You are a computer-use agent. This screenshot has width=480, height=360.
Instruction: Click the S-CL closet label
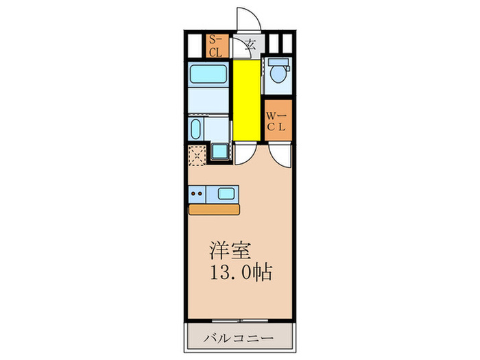(215, 47)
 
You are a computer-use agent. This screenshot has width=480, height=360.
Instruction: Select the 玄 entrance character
(250, 46)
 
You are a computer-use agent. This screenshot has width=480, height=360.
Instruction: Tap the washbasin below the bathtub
(195, 128)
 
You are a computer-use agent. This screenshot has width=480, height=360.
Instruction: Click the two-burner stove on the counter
(197, 194)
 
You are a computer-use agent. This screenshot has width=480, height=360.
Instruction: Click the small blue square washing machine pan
(219, 151)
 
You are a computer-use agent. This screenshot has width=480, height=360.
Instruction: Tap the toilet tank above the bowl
(277, 62)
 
